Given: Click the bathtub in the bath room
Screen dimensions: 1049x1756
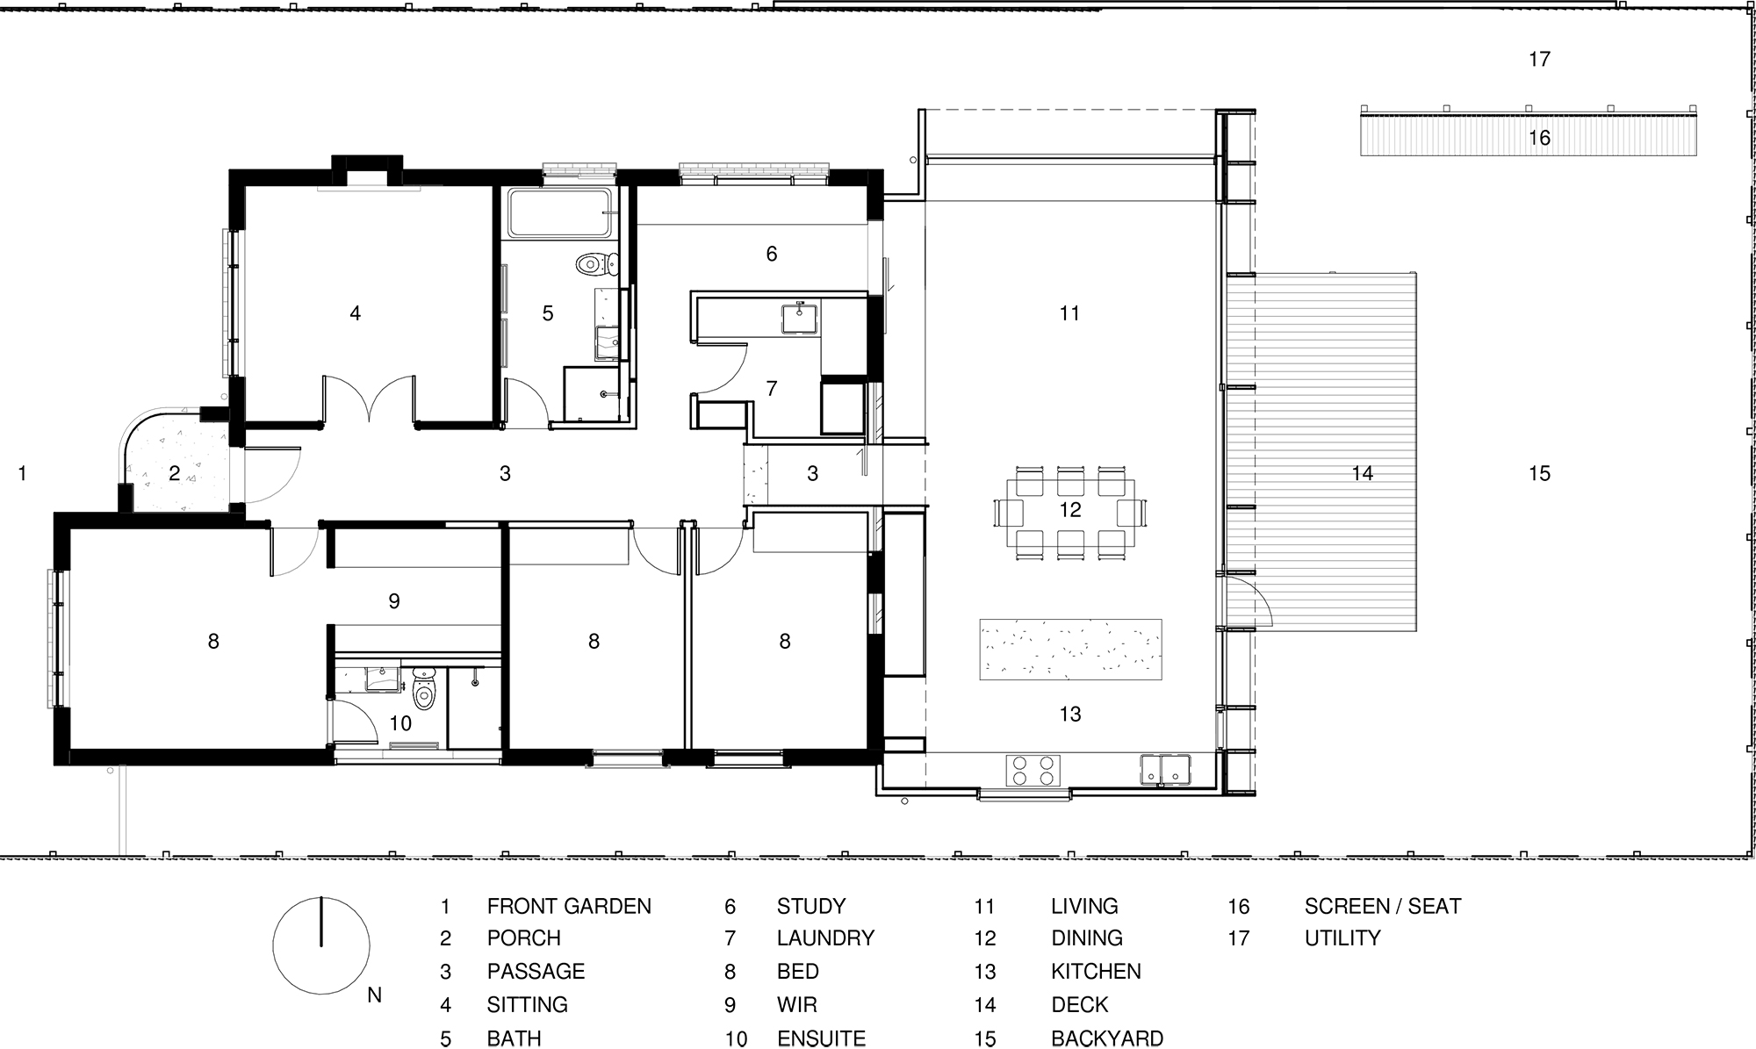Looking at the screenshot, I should point(559,212).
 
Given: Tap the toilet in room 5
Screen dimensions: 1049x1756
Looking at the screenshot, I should point(597,262).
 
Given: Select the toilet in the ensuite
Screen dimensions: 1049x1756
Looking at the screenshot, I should point(424,690).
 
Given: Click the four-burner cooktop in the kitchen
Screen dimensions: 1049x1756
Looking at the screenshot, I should point(1032,770).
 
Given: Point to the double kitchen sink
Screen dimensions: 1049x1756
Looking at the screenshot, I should point(1166,769).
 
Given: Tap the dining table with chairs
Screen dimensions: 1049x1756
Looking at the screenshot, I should point(1070,511).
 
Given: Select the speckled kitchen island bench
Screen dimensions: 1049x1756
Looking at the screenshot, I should point(1070,650).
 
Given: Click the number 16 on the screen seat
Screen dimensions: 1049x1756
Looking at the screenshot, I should point(1539,138).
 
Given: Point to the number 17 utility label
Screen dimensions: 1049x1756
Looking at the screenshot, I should point(1539,60).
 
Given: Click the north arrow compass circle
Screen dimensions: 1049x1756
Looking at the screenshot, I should point(321,945).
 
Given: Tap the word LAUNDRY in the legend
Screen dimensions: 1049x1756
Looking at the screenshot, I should point(825,938).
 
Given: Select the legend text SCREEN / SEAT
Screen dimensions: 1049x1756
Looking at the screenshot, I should point(1382,906).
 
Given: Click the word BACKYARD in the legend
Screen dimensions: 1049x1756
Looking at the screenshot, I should point(1106,1038).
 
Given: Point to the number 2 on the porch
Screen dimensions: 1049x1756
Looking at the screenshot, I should point(174,474).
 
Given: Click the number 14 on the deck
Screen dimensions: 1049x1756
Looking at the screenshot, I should point(1362,474).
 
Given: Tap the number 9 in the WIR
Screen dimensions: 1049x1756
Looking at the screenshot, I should point(394,601).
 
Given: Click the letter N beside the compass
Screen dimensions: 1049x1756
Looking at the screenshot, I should point(375,995).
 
